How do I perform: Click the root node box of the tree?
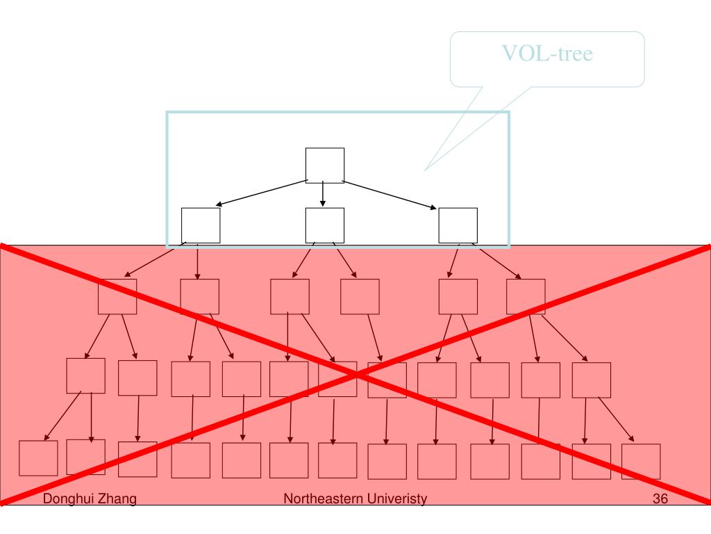pos(325,165)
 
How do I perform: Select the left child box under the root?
pos(201,225)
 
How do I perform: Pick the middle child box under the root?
pos(325,225)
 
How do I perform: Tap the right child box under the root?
pos(458,225)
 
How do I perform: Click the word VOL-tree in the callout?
pos(548,54)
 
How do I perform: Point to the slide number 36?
pos(660,499)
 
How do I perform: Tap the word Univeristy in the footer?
pos(397,499)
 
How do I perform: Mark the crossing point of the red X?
pos(356,374)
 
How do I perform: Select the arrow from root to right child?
pos(390,194)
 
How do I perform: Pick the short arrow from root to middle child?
pos(323,195)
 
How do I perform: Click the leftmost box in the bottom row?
pos(38,458)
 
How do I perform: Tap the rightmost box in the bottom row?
pos(641,462)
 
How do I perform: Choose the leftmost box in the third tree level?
pos(117,297)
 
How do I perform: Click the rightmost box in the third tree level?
pos(526,297)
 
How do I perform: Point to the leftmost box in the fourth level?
pos(86,376)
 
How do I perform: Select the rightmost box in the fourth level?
pos(592,380)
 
